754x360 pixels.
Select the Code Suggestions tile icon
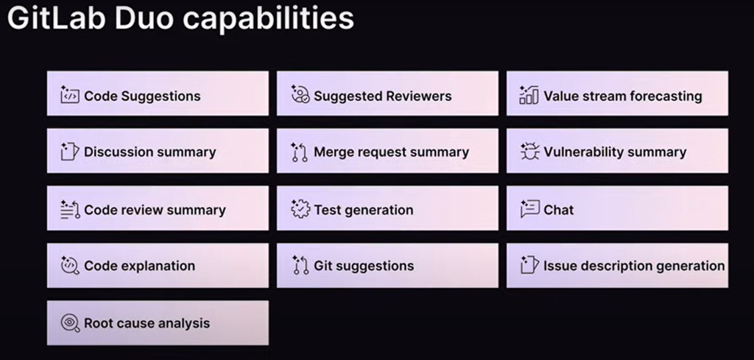click(x=69, y=95)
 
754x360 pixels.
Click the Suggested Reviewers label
click(x=382, y=96)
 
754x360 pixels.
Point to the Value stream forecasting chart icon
click(x=529, y=95)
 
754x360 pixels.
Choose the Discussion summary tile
click(x=158, y=152)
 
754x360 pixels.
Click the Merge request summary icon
click(x=299, y=152)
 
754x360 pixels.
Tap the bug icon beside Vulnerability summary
click(x=529, y=152)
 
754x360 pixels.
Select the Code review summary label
click(x=155, y=210)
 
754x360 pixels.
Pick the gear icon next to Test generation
click(x=300, y=209)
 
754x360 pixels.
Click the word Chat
click(x=558, y=210)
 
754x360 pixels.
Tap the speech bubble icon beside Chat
click(x=529, y=209)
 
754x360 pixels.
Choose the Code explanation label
click(x=139, y=266)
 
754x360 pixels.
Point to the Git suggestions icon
click(x=299, y=266)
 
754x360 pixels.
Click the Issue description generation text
click(x=633, y=266)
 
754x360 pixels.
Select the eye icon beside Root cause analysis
click(x=69, y=322)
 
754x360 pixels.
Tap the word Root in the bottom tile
click(x=98, y=323)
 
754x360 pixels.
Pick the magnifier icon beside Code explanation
click(x=69, y=266)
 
